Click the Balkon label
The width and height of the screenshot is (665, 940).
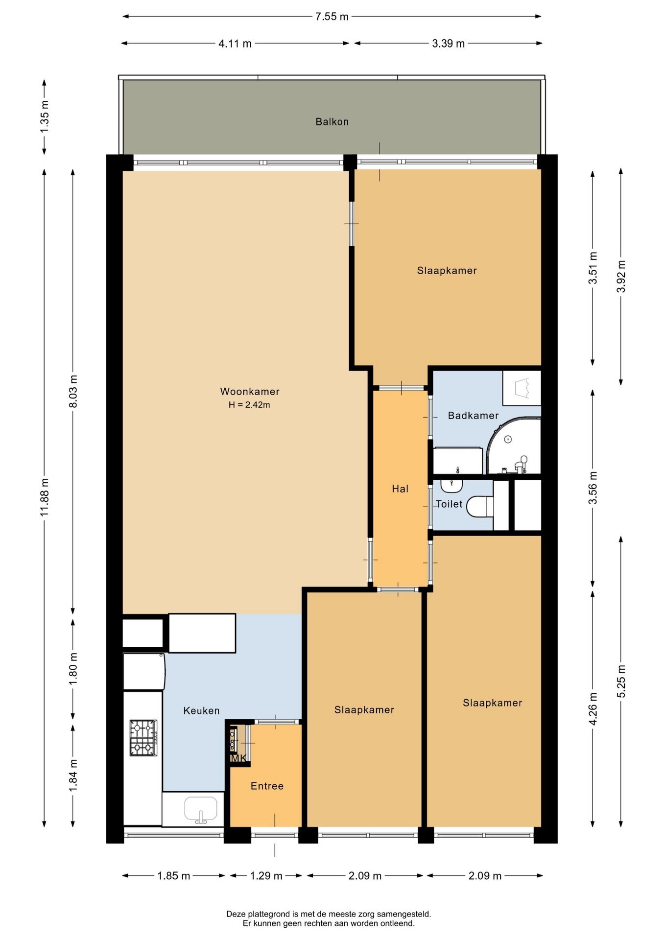[332, 121]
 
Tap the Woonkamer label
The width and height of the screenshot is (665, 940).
[250, 391]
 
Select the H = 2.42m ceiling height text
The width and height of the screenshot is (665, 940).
[249, 405]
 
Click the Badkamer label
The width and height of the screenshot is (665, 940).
[473, 415]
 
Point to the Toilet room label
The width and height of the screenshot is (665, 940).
[449, 504]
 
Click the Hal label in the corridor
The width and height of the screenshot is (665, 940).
[400, 489]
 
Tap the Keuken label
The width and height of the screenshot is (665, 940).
[201, 710]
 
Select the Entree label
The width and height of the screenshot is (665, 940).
[267, 786]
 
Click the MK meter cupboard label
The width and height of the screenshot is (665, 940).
[238, 758]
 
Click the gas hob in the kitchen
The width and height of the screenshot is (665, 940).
[143, 737]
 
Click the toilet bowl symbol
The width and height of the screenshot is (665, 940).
[480, 507]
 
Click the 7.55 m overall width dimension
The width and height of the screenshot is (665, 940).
[332, 17]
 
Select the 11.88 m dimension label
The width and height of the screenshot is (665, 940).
[45, 496]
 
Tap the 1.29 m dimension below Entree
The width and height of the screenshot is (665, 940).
[266, 876]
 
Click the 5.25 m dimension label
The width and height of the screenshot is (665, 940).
[621, 681]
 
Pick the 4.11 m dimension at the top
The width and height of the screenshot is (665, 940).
[235, 44]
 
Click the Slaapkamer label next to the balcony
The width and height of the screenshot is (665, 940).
[447, 270]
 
